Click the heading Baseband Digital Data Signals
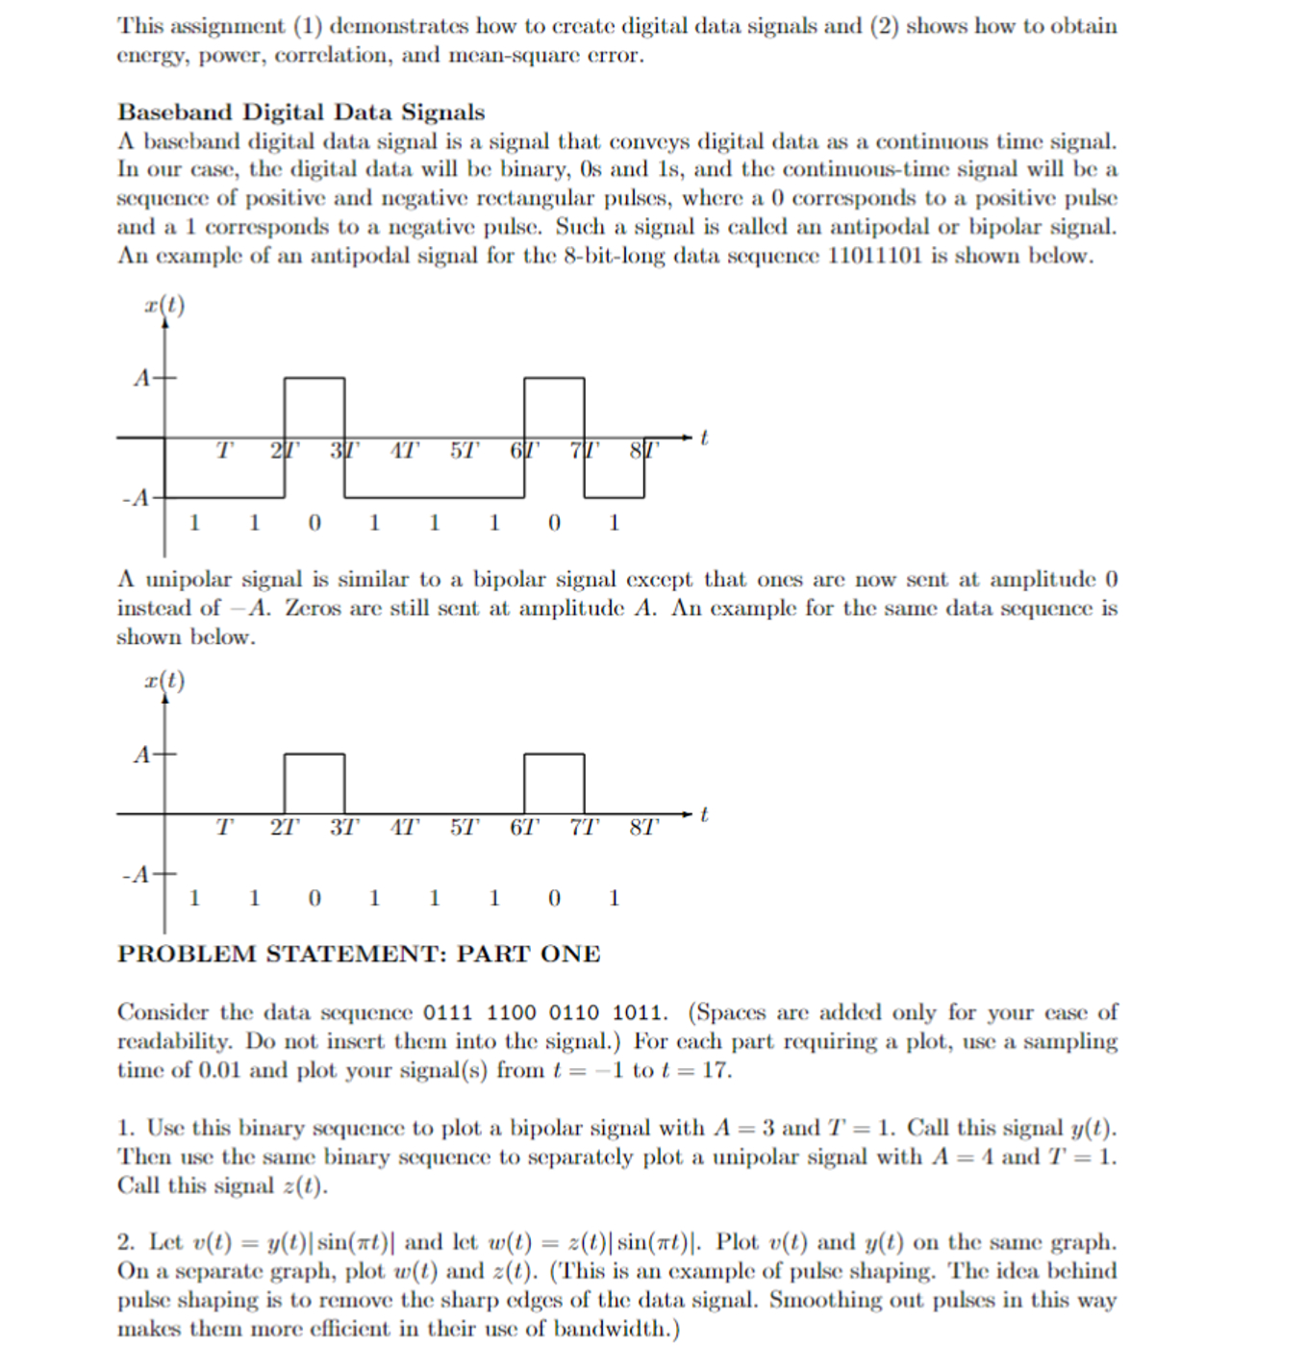pos(301,112)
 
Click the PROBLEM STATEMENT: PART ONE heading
pos(359,954)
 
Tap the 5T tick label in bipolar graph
pos(464,451)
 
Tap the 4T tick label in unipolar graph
pos(404,827)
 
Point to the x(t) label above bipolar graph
pos(164,306)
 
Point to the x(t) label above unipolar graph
pos(164,681)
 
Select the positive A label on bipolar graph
pos(141,378)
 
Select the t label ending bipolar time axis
pos(704,437)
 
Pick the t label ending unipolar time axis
pos(704,814)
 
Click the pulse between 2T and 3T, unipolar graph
pos(314,784)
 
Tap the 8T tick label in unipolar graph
pos(644,827)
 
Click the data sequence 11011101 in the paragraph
pos(874,257)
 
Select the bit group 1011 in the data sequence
pos(638,1013)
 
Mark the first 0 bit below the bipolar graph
pos(314,523)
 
